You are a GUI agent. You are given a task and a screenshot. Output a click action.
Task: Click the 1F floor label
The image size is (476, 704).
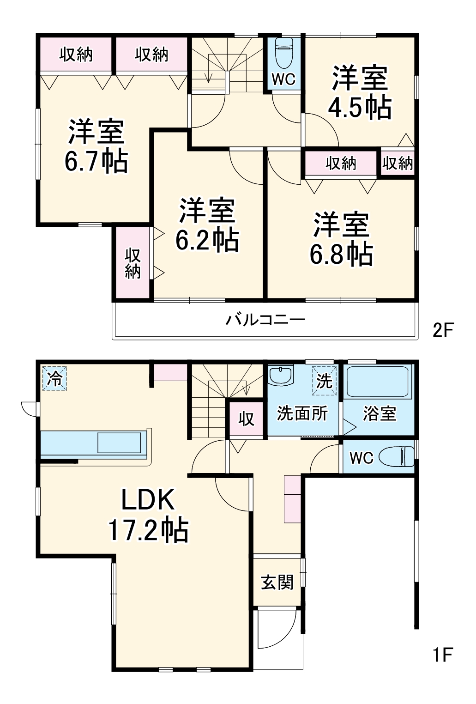pyautogui.click(x=442, y=655)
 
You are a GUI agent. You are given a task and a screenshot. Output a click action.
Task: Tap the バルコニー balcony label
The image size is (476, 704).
pyautogui.click(x=265, y=320)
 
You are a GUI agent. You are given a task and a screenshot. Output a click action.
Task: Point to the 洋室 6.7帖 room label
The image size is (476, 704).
pyautogui.click(x=96, y=146)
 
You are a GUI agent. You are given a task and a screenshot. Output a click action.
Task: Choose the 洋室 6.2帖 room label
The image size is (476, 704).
pyautogui.click(x=207, y=225)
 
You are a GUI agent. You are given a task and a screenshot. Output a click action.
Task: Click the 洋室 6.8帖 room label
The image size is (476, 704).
pyautogui.click(x=341, y=239)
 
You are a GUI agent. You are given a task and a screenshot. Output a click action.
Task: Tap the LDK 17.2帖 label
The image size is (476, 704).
pyautogui.click(x=148, y=514)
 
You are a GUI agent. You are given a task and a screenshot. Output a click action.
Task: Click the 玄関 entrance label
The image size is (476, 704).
pyautogui.click(x=277, y=582)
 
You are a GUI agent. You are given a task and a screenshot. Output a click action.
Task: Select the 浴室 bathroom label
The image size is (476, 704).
pyautogui.click(x=380, y=413)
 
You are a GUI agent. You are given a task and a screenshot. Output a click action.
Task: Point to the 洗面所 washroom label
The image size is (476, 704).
pyautogui.click(x=302, y=413)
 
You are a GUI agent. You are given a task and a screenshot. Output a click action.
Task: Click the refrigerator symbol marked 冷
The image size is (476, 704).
pyautogui.click(x=55, y=379)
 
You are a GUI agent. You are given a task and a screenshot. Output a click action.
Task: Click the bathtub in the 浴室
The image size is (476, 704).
pyautogui.click(x=379, y=382)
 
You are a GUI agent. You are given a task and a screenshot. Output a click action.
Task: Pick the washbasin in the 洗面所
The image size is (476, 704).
pyautogui.click(x=281, y=375)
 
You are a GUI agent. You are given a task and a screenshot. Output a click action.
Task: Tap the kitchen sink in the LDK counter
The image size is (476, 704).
pyautogui.click(x=119, y=443)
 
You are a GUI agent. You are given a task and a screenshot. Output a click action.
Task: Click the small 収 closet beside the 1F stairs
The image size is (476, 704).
pyautogui.click(x=246, y=419)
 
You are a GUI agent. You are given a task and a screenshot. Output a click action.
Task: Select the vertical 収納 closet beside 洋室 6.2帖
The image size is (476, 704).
pyautogui.click(x=133, y=263)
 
